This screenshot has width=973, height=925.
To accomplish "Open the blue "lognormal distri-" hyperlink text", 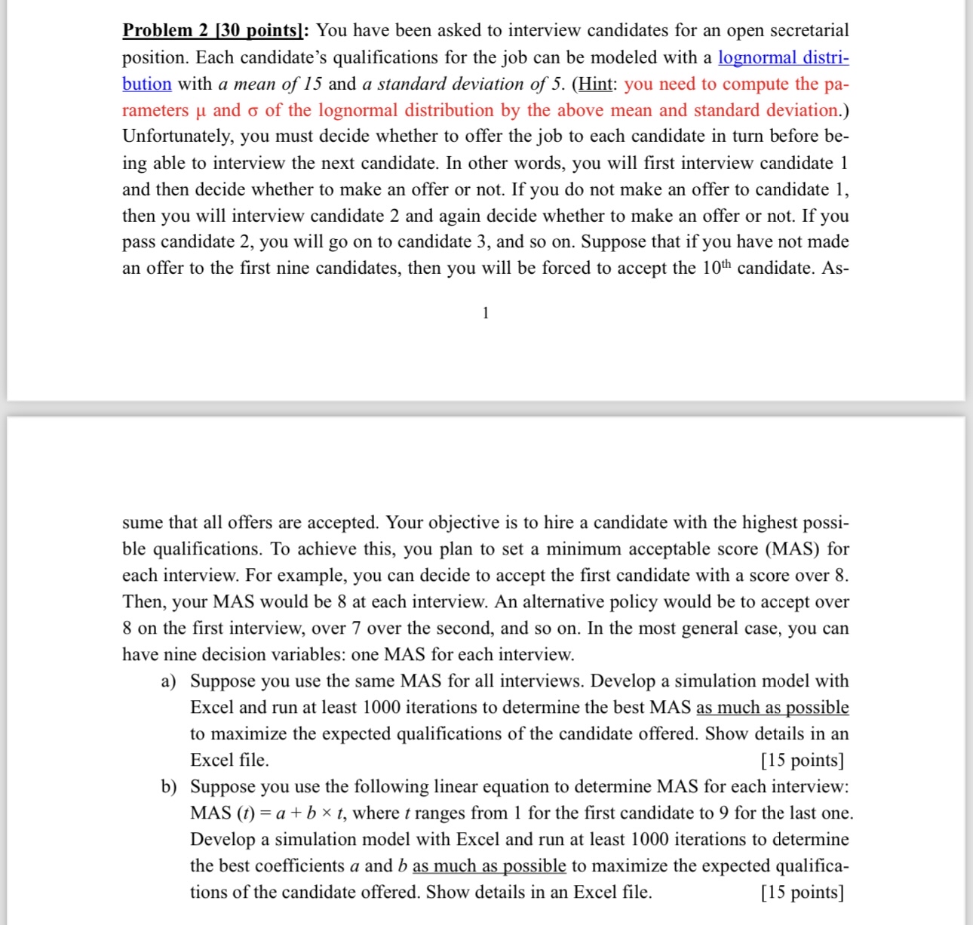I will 783,57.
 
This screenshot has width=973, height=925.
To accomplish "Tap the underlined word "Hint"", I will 594,84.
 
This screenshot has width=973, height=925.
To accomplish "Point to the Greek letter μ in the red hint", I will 200,111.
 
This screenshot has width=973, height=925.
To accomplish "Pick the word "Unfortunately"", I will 176,137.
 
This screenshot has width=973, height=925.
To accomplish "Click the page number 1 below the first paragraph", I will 486,313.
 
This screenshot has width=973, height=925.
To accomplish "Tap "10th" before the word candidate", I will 717,268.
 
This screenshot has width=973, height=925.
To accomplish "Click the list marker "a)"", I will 168,681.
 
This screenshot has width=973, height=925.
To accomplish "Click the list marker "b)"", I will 168,787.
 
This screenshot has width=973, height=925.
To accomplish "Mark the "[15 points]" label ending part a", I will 802,761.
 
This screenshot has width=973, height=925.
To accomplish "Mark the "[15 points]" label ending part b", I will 802,893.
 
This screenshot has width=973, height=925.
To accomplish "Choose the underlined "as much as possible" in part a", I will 772,708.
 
